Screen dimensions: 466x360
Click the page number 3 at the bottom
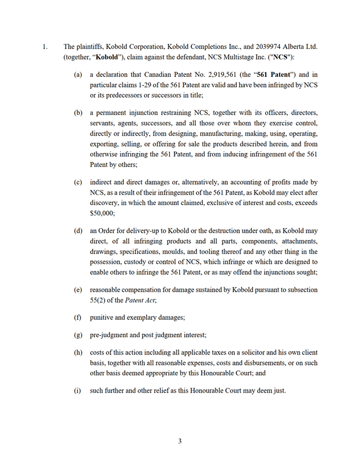(x=180, y=441)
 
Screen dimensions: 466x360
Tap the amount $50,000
(x=101, y=213)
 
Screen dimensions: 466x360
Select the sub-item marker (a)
(x=78, y=75)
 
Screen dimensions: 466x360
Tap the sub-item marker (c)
(x=78, y=182)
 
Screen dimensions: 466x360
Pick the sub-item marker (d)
(x=78, y=231)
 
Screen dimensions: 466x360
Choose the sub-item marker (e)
(x=78, y=289)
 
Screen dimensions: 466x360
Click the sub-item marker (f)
(x=77, y=318)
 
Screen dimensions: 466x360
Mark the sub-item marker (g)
(x=78, y=335)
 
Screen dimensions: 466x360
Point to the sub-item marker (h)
(x=78, y=352)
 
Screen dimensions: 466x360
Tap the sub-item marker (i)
(x=77, y=390)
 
